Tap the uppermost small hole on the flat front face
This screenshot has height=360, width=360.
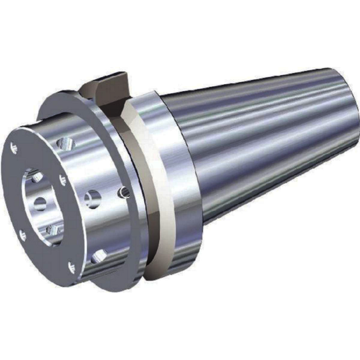(x=14, y=147)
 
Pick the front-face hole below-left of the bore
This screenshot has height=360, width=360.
(x=23, y=234)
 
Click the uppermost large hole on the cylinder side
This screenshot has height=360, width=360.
(x=63, y=145)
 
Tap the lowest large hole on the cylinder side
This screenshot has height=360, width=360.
(x=98, y=254)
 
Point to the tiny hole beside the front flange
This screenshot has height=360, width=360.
(x=125, y=192)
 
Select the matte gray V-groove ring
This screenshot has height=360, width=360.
(x=147, y=184)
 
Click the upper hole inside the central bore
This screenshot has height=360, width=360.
(x=37, y=178)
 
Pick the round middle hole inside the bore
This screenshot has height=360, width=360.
(x=39, y=203)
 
